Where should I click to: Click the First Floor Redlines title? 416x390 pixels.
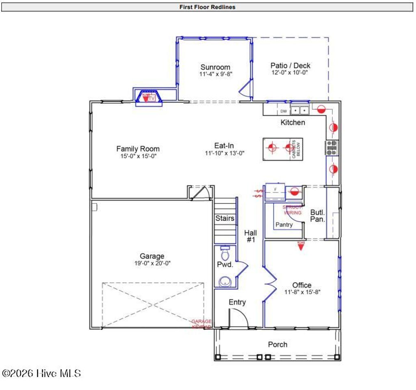click(x=207, y=7)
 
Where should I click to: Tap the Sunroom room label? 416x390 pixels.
click(x=215, y=67)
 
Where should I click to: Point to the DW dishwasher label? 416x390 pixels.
click(x=283, y=111)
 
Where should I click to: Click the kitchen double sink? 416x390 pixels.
click(x=300, y=110)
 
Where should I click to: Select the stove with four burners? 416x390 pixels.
click(x=331, y=148)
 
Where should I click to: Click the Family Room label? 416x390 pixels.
click(x=138, y=149)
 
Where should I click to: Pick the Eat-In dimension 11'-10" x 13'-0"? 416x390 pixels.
click(x=224, y=153)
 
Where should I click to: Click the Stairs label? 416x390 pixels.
click(x=225, y=218)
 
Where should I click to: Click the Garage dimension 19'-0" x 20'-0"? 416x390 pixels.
click(x=152, y=263)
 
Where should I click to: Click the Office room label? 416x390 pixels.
click(x=302, y=285)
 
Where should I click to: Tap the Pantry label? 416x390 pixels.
click(x=284, y=224)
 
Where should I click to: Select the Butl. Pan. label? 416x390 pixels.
click(x=317, y=216)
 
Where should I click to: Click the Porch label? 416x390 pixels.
click(x=277, y=344)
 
